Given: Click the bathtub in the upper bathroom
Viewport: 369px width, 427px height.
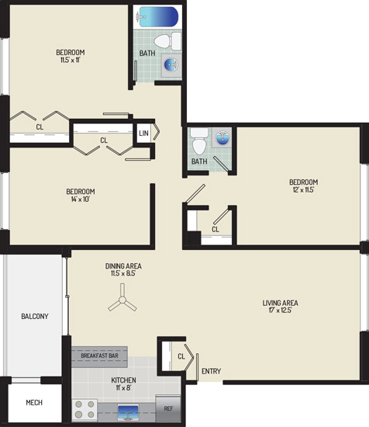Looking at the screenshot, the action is click(157, 17).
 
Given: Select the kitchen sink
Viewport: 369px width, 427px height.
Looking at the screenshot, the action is click(128, 412).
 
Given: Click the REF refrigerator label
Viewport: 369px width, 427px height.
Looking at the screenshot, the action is click(168, 408).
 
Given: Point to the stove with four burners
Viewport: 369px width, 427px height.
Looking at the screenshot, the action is click(84, 409).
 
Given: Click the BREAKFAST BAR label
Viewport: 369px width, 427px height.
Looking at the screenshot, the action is click(99, 356).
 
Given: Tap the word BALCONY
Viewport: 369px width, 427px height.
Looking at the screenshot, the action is click(35, 316).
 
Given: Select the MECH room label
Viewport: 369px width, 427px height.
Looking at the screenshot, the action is click(34, 402).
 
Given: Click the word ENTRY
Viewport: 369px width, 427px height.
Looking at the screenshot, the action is click(212, 371).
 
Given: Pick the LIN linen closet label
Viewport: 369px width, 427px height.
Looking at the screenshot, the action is click(143, 134).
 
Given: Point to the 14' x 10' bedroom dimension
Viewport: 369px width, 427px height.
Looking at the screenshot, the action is click(81, 199).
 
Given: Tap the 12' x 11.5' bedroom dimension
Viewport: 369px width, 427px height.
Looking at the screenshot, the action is click(303, 189).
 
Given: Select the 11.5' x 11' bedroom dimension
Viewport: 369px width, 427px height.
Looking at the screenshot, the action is click(70, 60).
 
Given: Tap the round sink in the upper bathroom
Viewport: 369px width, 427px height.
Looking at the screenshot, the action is click(171, 64).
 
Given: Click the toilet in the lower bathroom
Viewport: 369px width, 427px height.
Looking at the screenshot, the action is click(199, 141).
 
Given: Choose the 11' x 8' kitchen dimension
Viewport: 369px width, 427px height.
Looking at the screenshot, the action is click(123, 387).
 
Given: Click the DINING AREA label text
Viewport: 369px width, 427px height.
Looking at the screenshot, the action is click(123, 266).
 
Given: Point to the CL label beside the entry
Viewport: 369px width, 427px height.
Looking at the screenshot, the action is click(181, 356).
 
